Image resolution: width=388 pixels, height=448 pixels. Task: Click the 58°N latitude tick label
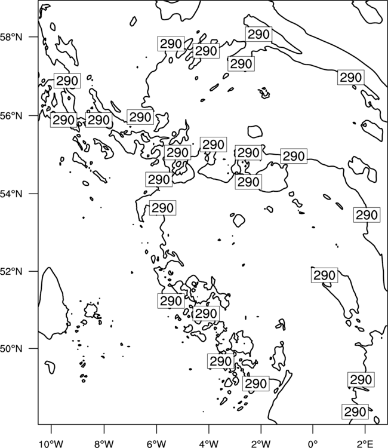coord(11,37)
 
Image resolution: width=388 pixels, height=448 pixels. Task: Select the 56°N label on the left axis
coord(11,116)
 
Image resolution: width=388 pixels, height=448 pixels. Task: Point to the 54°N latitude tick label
coord(11,194)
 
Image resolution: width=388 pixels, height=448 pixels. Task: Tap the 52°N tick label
coord(11,271)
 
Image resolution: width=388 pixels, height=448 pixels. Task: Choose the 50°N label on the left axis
coord(11,349)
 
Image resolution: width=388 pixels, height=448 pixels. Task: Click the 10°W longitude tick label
coord(51,444)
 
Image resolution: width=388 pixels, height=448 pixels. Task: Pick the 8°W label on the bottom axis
coord(104,444)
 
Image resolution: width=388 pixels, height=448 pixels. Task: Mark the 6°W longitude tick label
coord(156,444)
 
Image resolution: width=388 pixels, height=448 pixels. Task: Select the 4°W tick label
coord(209,444)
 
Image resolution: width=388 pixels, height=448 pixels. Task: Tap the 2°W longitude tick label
coord(261,444)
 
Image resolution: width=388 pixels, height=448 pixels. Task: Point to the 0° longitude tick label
coord(313,444)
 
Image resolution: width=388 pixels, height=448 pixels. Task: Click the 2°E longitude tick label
coord(365,444)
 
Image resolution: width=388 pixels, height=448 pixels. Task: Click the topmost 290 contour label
coord(258,34)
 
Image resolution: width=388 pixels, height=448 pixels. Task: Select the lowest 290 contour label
coord(355,412)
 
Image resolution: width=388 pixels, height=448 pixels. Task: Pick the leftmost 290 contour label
coord(64,120)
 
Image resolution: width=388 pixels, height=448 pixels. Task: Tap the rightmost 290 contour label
coord(367,215)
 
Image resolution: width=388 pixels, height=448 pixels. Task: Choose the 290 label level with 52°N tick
coord(324,275)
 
